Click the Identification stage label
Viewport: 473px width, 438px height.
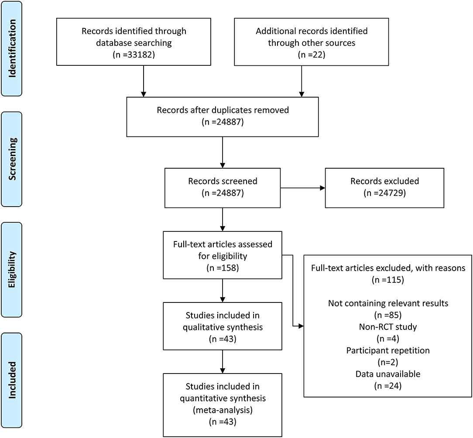[x=12, y=48]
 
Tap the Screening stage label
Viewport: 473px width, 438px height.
[x=12, y=159]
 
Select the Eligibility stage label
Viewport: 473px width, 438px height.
[x=12, y=270]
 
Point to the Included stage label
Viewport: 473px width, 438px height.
[x=12, y=380]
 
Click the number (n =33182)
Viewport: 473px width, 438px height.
[x=134, y=54]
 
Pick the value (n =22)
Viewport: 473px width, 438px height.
[x=312, y=54]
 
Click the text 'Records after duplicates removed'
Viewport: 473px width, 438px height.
[x=223, y=110]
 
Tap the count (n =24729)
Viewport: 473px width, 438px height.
[x=384, y=193]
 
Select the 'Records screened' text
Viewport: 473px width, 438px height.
[x=223, y=181]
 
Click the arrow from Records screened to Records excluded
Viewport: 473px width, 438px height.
[x=303, y=188]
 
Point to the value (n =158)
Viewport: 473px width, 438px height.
[x=223, y=268]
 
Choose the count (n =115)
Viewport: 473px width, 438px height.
[x=388, y=280]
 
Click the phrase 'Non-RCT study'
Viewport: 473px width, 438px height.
[x=388, y=327]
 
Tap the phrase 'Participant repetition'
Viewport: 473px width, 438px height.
[x=388, y=350]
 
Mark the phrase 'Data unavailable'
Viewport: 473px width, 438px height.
[x=388, y=374]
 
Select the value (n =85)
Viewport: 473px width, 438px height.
[x=388, y=315]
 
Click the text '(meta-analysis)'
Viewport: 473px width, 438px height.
[x=223, y=410]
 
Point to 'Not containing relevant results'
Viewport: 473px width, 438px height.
[x=388, y=303]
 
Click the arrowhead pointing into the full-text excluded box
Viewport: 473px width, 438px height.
[x=301, y=326]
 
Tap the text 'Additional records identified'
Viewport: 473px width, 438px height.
[x=312, y=31]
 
